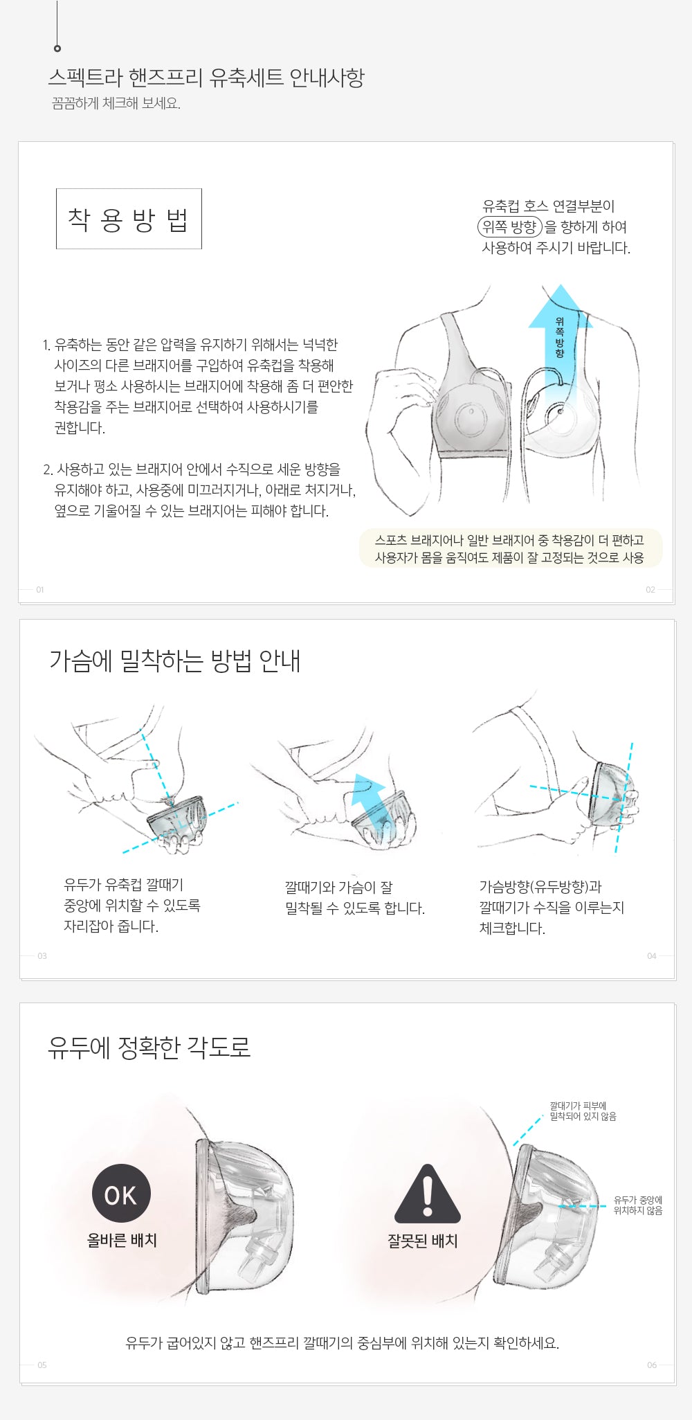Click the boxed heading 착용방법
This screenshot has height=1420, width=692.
point(129,219)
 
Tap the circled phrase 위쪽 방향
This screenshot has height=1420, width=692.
point(510,226)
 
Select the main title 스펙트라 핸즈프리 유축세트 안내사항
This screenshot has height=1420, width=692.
point(206,77)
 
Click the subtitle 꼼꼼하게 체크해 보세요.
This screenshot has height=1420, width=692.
point(116,104)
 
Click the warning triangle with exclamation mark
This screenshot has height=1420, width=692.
point(428,1194)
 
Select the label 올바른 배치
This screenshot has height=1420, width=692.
point(122,1240)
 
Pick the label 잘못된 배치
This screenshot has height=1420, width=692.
point(423,1241)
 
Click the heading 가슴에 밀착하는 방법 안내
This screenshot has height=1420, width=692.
point(175,660)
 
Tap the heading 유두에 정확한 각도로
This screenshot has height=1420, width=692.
point(149,1047)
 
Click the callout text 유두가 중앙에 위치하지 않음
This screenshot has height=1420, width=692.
point(638,1205)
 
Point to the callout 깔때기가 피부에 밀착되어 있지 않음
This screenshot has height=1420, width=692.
point(583,1111)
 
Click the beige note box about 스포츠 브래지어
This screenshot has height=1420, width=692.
point(511,548)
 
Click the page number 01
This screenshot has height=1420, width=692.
point(40,590)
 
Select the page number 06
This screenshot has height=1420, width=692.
point(652,1365)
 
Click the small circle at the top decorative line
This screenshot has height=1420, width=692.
point(57,48)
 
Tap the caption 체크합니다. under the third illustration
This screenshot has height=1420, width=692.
point(512,928)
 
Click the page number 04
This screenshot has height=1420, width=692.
point(652,956)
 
